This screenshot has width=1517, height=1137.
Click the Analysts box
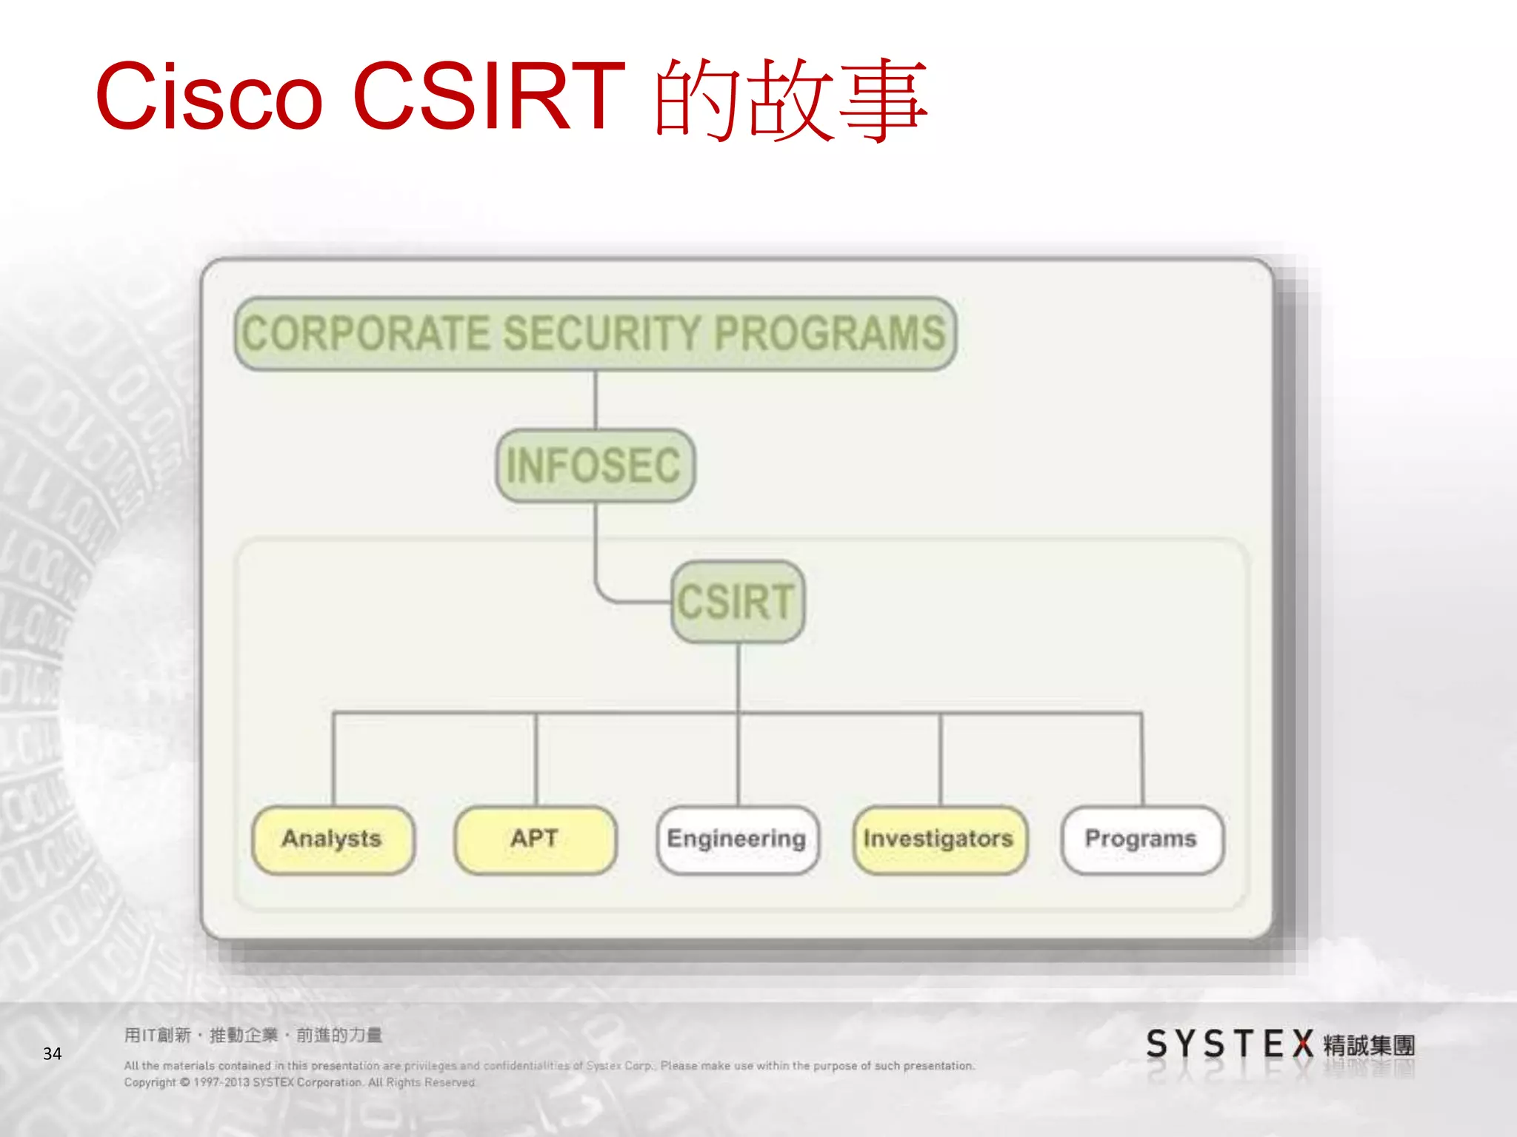tap(333, 839)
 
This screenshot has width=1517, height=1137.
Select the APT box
tap(535, 839)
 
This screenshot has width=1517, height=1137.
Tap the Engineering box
tap(737, 839)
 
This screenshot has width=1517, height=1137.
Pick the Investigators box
tap(939, 839)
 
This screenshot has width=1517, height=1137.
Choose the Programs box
tap(1141, 839)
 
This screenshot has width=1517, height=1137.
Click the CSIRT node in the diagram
tap(737, 602)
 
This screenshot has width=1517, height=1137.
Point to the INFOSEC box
tap(595, 466)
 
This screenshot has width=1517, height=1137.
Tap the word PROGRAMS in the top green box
tap(830, 334)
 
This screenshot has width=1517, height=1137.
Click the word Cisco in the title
tap(210, 97)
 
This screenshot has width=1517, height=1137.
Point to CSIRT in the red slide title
tap(489, 97)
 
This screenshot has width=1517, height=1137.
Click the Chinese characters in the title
tap(790, 100)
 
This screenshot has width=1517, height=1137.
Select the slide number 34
tap(52, 1053)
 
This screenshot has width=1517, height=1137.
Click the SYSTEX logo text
tap(1230, 1044)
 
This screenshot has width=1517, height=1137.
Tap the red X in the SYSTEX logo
tap(1303, 1044)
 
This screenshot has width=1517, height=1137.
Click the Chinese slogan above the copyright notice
tap(253, 1035)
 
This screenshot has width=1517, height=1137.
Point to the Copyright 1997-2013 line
tap(299, 1082)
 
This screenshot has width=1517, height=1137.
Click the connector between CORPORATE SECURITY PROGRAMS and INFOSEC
tap(596, 400)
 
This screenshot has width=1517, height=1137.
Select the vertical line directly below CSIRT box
tap(739, 677)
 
